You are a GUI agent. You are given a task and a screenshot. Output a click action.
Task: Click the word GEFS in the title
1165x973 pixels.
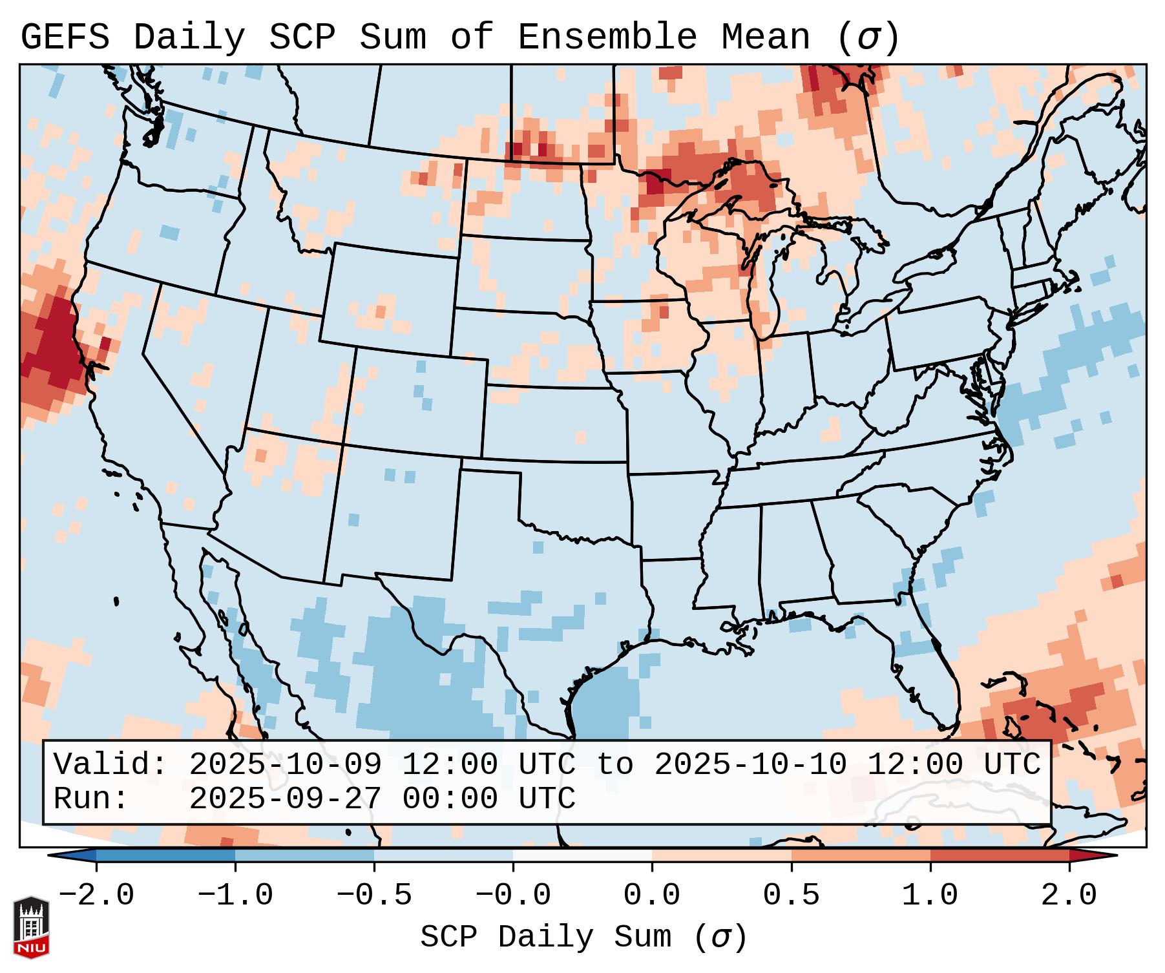tap(65, 37)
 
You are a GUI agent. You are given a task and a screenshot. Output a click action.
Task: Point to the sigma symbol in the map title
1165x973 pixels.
tap(868, 37)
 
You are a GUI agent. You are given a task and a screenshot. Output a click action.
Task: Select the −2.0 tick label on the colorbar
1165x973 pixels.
tap(96, 895)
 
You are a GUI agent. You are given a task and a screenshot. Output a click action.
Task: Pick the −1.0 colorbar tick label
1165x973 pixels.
tap(235, 895)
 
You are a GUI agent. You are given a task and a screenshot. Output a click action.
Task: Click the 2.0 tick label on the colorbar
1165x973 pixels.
tap(1069, 895)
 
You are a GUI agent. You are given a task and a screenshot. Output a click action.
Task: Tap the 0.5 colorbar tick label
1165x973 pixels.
tap(792, 895)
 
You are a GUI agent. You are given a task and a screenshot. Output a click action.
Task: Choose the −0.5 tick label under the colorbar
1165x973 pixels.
tap(374, 895)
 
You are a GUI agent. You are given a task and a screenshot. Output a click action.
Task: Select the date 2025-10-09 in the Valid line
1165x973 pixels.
tap(285, 764)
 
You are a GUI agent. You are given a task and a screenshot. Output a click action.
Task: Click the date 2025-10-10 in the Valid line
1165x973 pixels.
tap(750, 764)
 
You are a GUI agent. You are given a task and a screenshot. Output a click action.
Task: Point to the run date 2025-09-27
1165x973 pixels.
tap(285, 799)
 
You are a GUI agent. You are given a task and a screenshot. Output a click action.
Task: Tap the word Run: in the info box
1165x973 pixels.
tap(91, 799)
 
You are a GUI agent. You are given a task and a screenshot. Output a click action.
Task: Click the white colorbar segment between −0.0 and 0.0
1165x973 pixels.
tap(582, 855)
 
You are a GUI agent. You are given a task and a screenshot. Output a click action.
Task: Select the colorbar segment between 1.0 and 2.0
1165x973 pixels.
tap(1000, 855)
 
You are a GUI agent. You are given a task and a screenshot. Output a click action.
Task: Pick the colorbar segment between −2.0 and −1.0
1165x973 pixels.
tap(165, 855)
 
